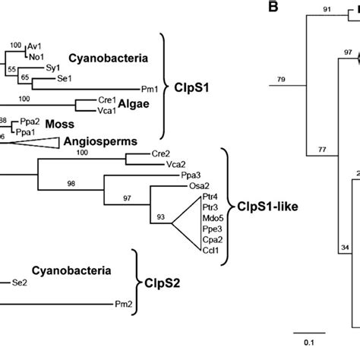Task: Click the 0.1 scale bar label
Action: click(300, 345)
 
